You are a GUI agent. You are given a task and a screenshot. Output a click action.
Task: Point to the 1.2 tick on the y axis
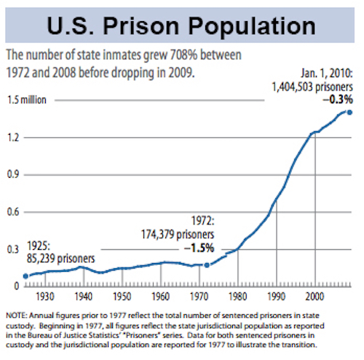(14, 137)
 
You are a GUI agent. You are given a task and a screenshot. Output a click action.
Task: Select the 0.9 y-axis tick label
(14, 175)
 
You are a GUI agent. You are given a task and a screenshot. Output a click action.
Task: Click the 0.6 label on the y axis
(14, 211)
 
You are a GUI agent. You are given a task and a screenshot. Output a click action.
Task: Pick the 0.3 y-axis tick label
(14, 249)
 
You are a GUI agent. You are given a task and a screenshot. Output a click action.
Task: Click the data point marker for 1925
(25, 275)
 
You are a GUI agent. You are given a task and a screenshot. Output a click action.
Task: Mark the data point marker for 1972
(207, 265)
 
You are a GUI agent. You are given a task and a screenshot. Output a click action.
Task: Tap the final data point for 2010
(351, 111)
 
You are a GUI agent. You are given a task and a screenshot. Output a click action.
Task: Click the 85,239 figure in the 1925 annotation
(40, 257)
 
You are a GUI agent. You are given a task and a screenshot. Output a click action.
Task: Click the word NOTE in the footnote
(17, 316)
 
